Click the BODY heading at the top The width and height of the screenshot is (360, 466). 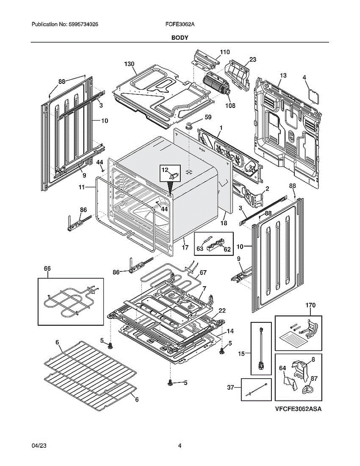pos(180,38)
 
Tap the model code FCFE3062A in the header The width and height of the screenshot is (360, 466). pos(180,24)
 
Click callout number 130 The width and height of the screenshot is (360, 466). pos(129,64)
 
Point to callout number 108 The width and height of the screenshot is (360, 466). pos(230,106)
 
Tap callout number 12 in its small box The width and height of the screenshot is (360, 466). pos(165,170)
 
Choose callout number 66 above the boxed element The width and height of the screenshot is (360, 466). pos(47,268)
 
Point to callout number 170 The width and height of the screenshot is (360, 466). pos(310,306)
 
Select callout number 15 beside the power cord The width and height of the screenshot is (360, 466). pos(241,353)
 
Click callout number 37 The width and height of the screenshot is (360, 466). pos(230,387)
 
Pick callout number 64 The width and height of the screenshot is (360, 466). pos(282,368)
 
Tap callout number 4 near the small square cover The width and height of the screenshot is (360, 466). pos(304,77)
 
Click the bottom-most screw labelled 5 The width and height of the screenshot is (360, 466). pos(170,383)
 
